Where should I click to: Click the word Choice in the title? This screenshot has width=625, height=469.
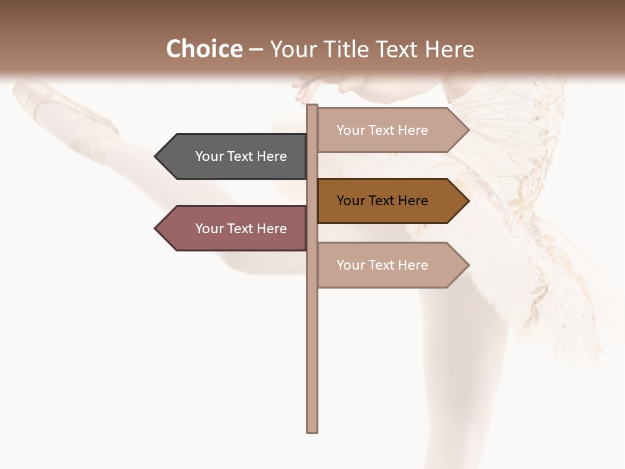click(204, 49)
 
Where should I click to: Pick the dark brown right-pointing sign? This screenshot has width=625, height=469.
click(387, 201)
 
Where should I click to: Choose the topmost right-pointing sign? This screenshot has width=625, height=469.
click(387, 130)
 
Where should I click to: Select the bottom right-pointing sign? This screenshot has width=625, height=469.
click(387, 265)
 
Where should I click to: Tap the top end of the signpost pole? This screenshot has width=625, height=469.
click(312, 107)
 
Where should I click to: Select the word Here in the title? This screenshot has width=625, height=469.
click(450, 50)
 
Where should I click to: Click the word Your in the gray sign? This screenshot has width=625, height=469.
click(210, 156)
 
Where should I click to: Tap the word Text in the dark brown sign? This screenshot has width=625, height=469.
click(382, 201)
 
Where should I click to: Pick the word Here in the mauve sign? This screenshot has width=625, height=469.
click(272, 229)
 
